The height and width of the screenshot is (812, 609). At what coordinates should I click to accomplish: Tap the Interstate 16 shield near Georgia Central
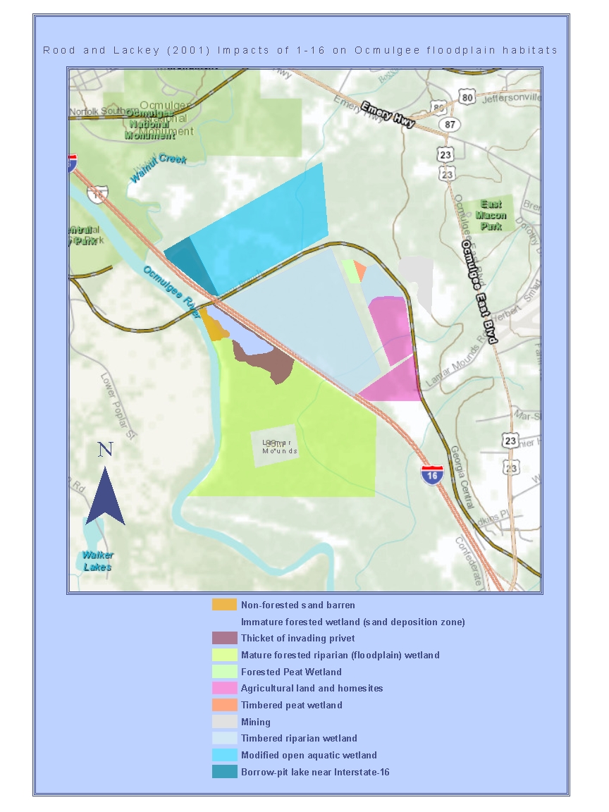point(431,474)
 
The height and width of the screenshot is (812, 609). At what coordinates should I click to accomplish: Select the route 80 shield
point(465,97)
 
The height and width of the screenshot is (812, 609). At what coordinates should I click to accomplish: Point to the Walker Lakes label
point(97,560)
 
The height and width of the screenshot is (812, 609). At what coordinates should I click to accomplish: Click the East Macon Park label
point(491,215)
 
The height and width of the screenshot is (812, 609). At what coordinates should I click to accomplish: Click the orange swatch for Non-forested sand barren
point(224,605)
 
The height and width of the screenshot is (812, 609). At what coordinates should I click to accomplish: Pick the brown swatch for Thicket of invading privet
point(224,639)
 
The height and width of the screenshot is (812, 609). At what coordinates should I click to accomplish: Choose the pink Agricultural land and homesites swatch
point(224,689)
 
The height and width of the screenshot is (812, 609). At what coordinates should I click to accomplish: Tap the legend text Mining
point(255,722)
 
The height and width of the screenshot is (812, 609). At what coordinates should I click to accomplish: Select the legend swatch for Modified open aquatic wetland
point(224,756)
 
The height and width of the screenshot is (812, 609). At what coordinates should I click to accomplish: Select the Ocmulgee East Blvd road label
point(479,292)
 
